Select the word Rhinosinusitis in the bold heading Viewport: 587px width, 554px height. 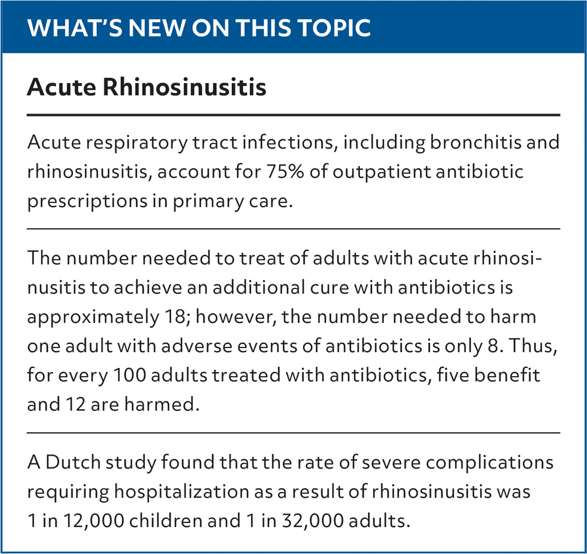184,87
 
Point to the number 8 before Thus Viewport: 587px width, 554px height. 493,346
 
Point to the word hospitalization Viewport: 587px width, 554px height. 182,492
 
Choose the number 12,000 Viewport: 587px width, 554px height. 94,521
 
